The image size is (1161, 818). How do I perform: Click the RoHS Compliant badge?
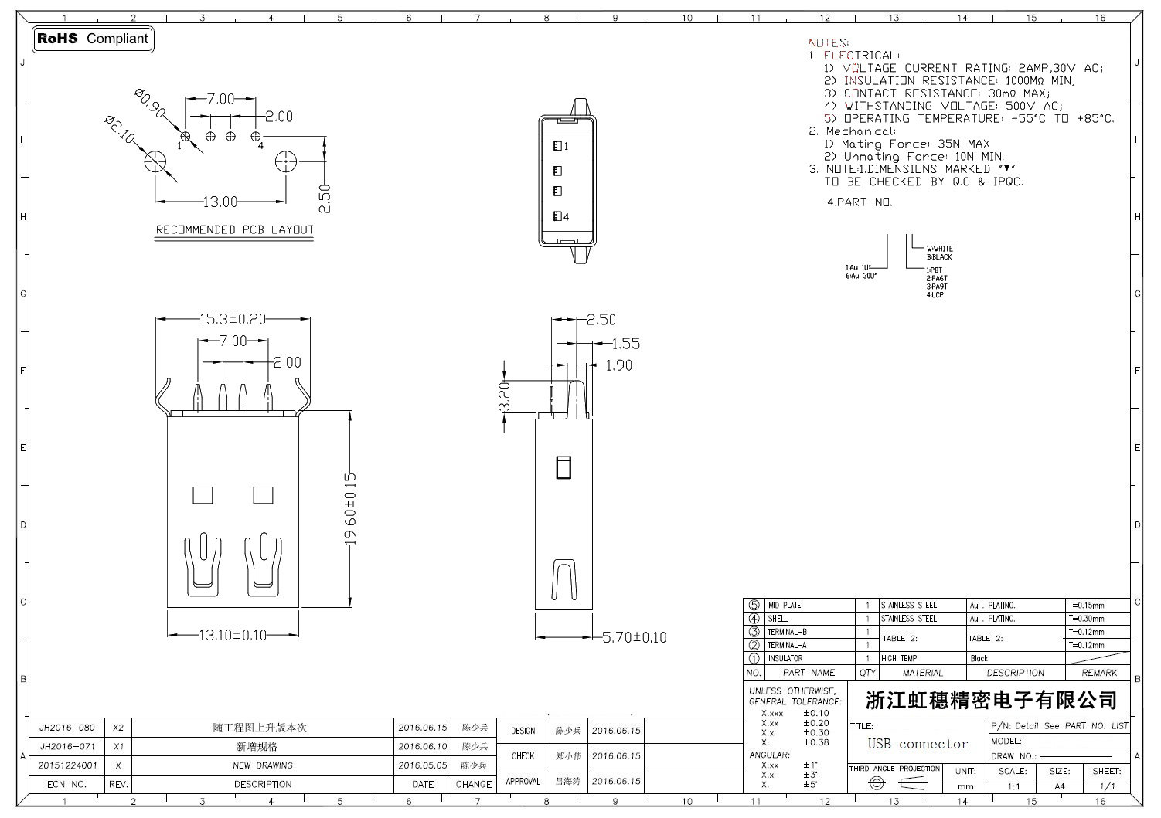[93, 39]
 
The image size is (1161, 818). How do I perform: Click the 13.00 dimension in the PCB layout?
[220, 202]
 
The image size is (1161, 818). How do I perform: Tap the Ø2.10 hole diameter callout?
[122, 130]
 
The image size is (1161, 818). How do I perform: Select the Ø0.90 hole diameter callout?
[150, 103]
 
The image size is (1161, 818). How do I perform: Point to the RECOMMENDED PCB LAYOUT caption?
[235, 229]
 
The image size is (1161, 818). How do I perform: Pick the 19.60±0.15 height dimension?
[350, 509]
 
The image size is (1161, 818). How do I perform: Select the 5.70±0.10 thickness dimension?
[634, 637]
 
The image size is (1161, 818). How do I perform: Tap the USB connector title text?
[918, 744]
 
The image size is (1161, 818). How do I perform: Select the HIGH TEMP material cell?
[899, 659]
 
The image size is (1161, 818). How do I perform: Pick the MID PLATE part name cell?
[784, 606]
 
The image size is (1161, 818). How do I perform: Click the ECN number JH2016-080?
[67, 728]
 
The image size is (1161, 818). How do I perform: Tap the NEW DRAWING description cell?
[263, 765]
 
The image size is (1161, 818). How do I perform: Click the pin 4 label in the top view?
[566, 217]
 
